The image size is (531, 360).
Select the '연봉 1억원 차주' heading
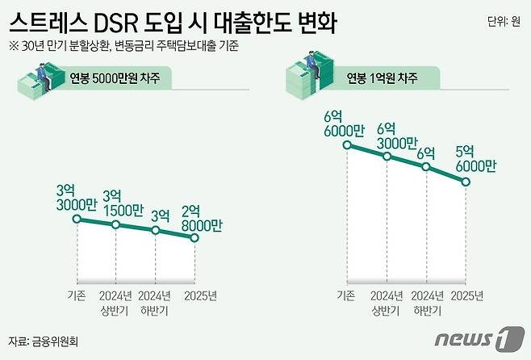[382, 78]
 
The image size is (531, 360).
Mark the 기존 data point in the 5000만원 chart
[77, 218]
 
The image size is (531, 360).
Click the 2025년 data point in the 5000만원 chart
[194, 237]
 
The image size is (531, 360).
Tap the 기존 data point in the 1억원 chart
[347, 145]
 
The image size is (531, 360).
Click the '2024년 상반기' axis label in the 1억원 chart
[387, 303]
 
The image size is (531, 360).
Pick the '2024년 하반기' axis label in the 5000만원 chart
[155, 303]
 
